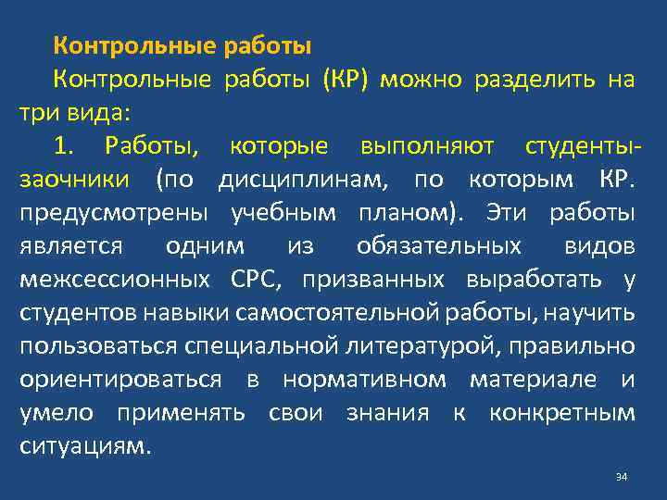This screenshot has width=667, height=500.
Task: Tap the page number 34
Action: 621,477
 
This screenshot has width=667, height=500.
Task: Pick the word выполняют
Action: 427,145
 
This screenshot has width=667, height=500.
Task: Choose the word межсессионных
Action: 113,279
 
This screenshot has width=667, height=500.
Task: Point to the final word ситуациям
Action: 84,445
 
